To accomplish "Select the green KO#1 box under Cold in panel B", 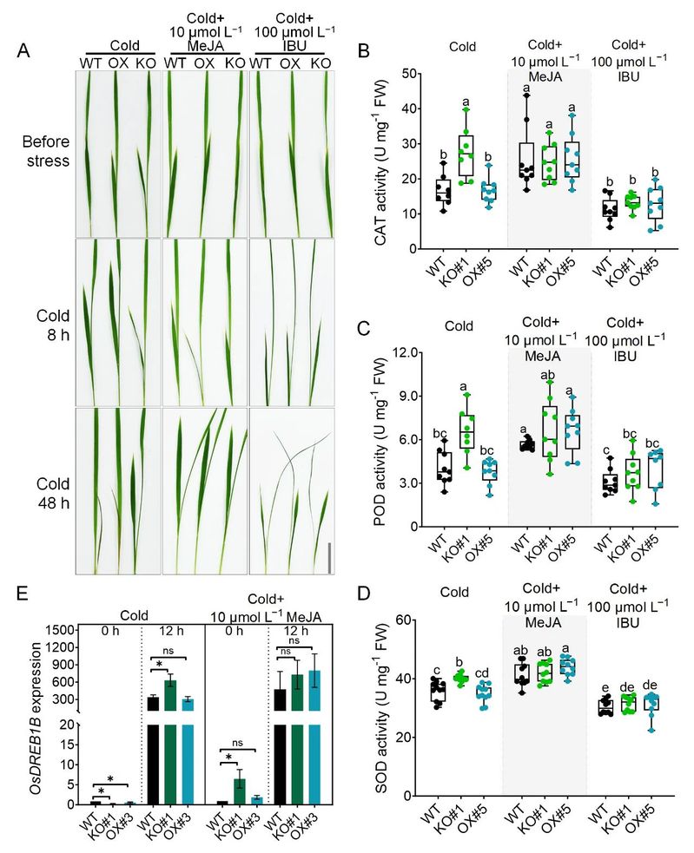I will [x=466, y=156].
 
